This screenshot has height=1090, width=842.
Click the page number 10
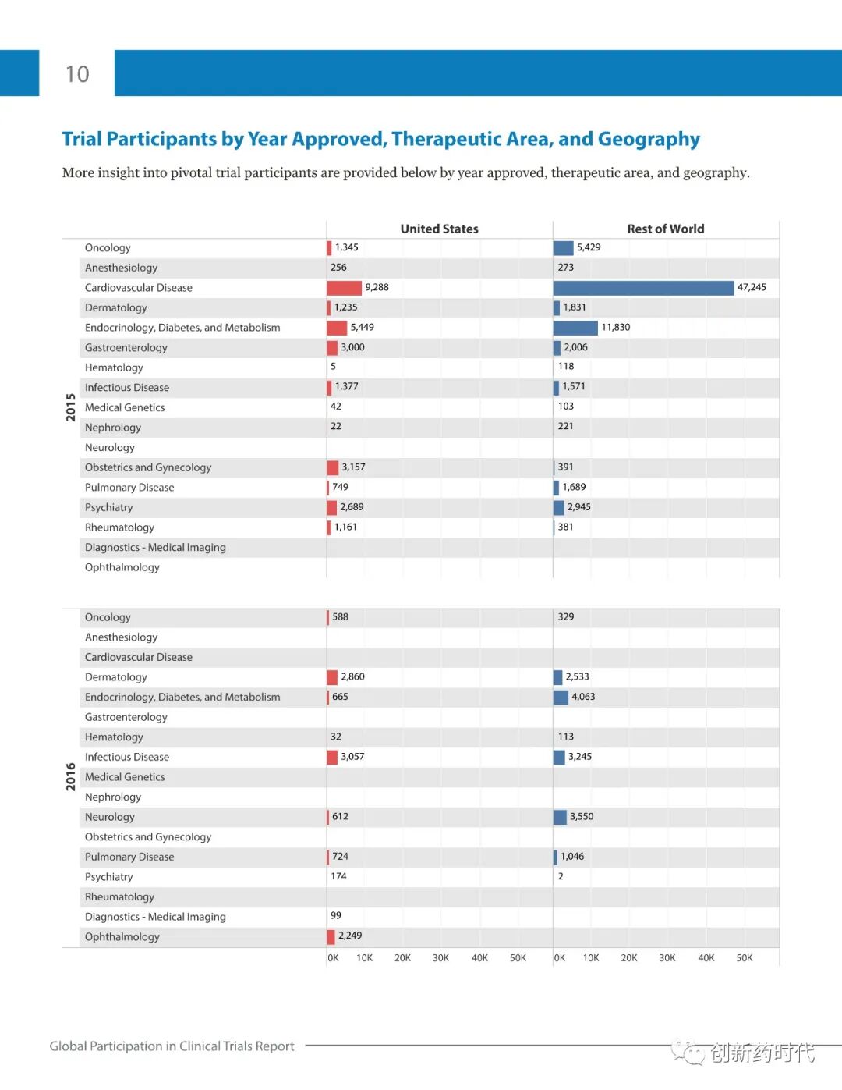pos(77,74)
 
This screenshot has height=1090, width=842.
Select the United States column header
pos(439,229)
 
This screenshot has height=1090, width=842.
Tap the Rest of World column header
pos(665,229)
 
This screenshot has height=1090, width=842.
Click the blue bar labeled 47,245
pos(643,288)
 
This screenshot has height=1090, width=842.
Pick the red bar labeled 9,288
pos(344,288)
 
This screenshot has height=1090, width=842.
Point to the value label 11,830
pos(615,328)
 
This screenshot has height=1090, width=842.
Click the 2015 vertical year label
pos(71,407)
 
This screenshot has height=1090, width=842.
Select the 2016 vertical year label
pos(71,777)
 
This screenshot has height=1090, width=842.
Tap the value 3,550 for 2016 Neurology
pos(582,817)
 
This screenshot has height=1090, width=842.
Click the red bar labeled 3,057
pos(332,757)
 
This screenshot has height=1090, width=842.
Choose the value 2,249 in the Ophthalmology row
pos(350,936)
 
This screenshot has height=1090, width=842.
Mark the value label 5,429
pos(589,247)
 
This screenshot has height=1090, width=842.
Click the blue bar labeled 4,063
pos(561,698)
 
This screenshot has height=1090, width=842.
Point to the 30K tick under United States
pos(440,958)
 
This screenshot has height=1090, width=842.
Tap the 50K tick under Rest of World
pos(745,958)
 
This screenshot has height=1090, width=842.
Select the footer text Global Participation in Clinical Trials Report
pos(172,1046)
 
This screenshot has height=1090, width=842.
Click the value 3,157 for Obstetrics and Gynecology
pos(353,467)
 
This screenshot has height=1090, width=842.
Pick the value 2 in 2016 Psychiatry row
pos(561,876)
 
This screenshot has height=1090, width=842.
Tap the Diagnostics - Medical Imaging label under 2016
pos(155,917)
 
